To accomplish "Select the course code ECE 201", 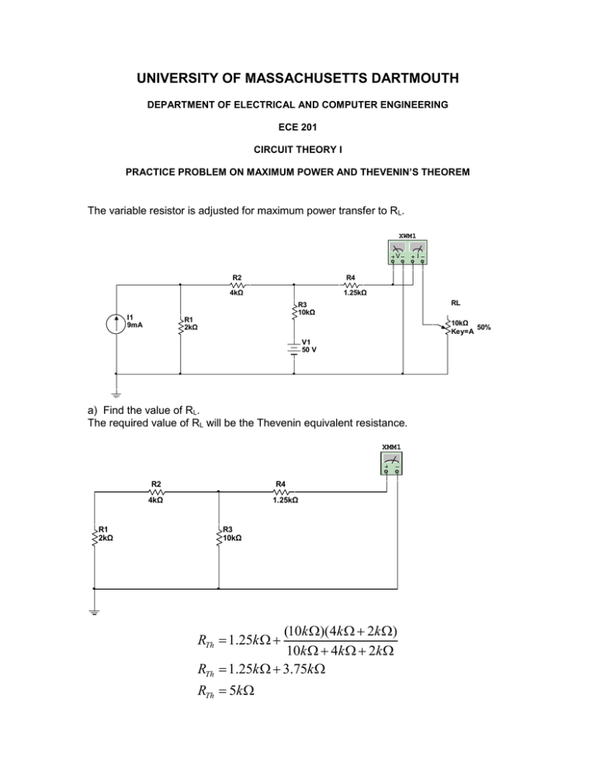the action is point(298,127).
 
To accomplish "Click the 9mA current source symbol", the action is point(116,323).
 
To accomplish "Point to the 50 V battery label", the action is point(309,349).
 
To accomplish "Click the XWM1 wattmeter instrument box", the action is point(407,252).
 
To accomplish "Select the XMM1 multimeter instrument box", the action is point(392,464).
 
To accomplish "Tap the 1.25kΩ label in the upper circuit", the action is point(355,293).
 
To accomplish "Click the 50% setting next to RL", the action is point(483,327).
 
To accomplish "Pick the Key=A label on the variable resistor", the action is point(463,332).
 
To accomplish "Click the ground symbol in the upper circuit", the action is point(116,395).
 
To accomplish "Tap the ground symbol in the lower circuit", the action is point(94,613).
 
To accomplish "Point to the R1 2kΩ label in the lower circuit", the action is point(106,534).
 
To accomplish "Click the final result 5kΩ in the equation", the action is point(243,690).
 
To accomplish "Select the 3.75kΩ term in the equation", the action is point(304,669).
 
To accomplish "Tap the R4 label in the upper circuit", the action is point(351,277).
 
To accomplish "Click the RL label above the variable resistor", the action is point(456,303).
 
